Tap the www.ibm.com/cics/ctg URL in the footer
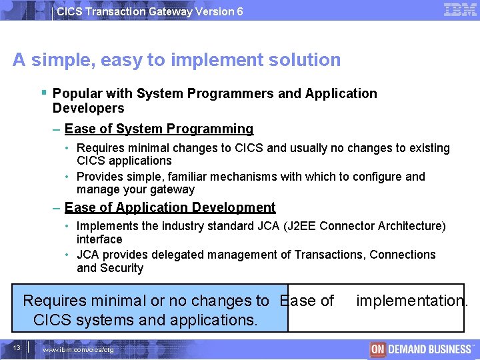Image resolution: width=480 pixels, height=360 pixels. point(78,349)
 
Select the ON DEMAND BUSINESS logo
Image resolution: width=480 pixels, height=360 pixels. point(421,349)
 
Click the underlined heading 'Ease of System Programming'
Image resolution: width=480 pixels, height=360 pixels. point(159,129)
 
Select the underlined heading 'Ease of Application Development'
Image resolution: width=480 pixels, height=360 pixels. point(170,207)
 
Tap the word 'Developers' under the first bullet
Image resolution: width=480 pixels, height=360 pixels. point(88,108)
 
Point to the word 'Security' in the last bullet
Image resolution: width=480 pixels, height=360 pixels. point(121,268)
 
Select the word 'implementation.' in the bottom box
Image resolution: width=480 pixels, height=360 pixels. point(412,301)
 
